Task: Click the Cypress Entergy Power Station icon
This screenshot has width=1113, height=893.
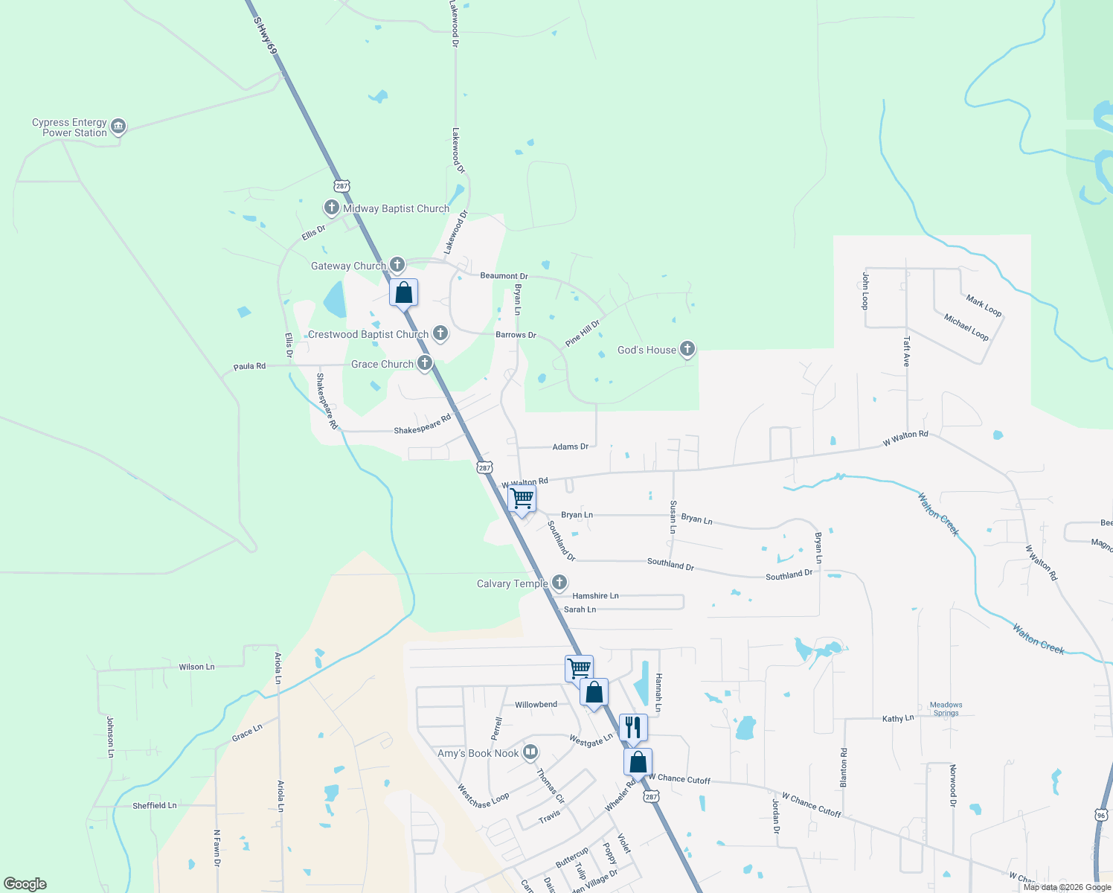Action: tap(118, 127)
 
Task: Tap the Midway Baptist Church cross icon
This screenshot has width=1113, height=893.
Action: tap(332, 208)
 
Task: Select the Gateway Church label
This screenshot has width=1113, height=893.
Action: tap(348, 266)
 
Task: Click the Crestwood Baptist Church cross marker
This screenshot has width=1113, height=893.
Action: tap(440, 333)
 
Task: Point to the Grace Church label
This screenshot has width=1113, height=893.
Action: tap(382, 364)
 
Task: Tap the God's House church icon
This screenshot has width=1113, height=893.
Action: tap(687, 349)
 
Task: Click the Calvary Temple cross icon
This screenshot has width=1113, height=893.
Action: tap(559, 583)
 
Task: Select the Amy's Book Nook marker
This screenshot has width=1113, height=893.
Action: tap(530, 752)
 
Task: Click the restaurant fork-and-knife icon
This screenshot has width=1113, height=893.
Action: tap(633, 727)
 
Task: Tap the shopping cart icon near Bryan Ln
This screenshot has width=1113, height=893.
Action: tap(522, 498)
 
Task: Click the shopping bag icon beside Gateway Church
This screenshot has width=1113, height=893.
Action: tap(403, 292)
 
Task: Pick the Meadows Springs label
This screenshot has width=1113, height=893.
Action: tap(946, 708)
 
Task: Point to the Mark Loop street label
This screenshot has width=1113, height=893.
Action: tap(984, 305)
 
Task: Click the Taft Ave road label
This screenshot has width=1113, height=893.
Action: tap(906, 351)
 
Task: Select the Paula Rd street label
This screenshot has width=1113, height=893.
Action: tap(249, 366)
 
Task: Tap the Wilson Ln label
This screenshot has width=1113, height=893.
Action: tap(196, 667)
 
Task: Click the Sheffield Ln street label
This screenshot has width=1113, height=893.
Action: tap(155, 805)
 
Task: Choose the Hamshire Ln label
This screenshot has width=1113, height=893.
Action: tap(595, 596)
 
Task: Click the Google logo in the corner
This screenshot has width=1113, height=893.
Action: tap(25, 884)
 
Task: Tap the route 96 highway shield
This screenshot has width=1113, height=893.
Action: tap(1101, 816)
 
